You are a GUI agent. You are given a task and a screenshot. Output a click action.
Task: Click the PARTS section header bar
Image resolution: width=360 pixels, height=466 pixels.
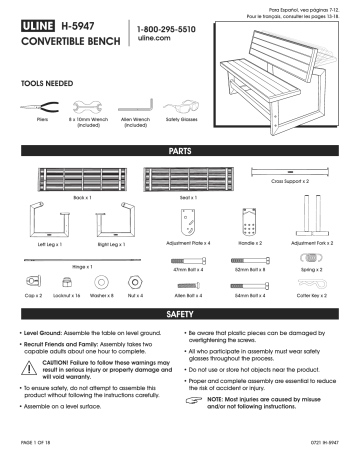[179, 147]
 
